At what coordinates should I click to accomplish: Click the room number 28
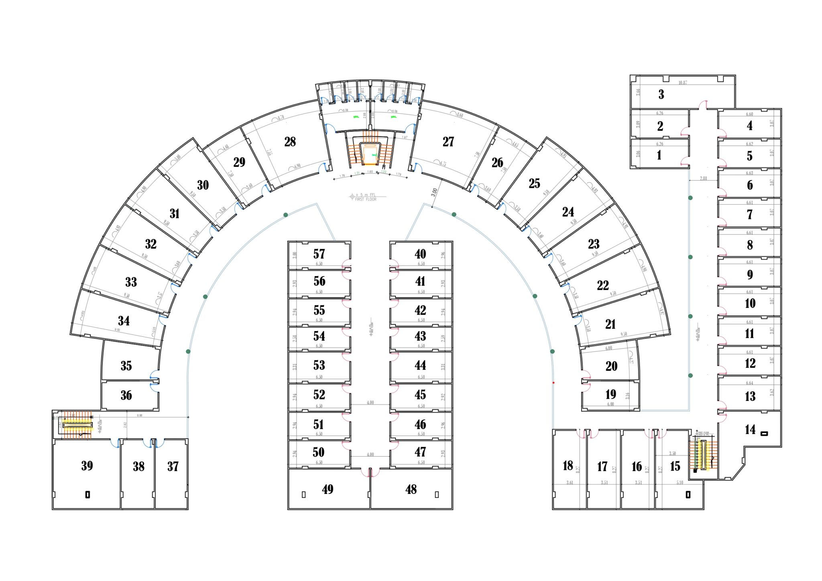pyautogui.click(x=290, y=142)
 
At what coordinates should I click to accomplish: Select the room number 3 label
pyautogui.click(x=661, y=94)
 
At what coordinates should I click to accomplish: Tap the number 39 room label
pyautogui.click(x=87, y=465)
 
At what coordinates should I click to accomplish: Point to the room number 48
pyautogui.click(x=411, y=489)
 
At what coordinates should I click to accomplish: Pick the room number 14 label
pyautogui.click(x=750, y=429)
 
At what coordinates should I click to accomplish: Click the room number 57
pyautogui.click(x=319, y=254)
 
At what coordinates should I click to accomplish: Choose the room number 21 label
pyautogui.click(x=610, y=324)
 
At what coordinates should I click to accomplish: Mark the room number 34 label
pyautogui.click(x=124, y=321)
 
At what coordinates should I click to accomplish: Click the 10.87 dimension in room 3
pyautogui.click(x=683, y=83)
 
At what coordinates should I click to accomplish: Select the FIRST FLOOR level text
pyautogui.click(x=366, y=199)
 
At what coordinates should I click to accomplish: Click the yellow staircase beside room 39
pyautogui.click(x=77, y=425)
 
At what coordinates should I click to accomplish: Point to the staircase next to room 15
pyautogui.click(x=704, y=455)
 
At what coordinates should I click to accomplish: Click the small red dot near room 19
pyautogui.click(x=553, y=383)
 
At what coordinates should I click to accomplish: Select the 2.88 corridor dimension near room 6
pyautogui.click(x=704, y=178)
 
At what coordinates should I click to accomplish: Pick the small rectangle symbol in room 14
pyautogui.click(x=764, y=433)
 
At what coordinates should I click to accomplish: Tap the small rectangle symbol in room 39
pyautogui.click(x=87, y=494)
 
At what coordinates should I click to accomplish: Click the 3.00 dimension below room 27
pyautogui.click(x=434, y=192)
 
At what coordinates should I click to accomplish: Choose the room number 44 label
pyautogui.click(x=420, y=365)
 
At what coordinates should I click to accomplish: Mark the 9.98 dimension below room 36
pyautogui.click(x=139, y=415)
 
